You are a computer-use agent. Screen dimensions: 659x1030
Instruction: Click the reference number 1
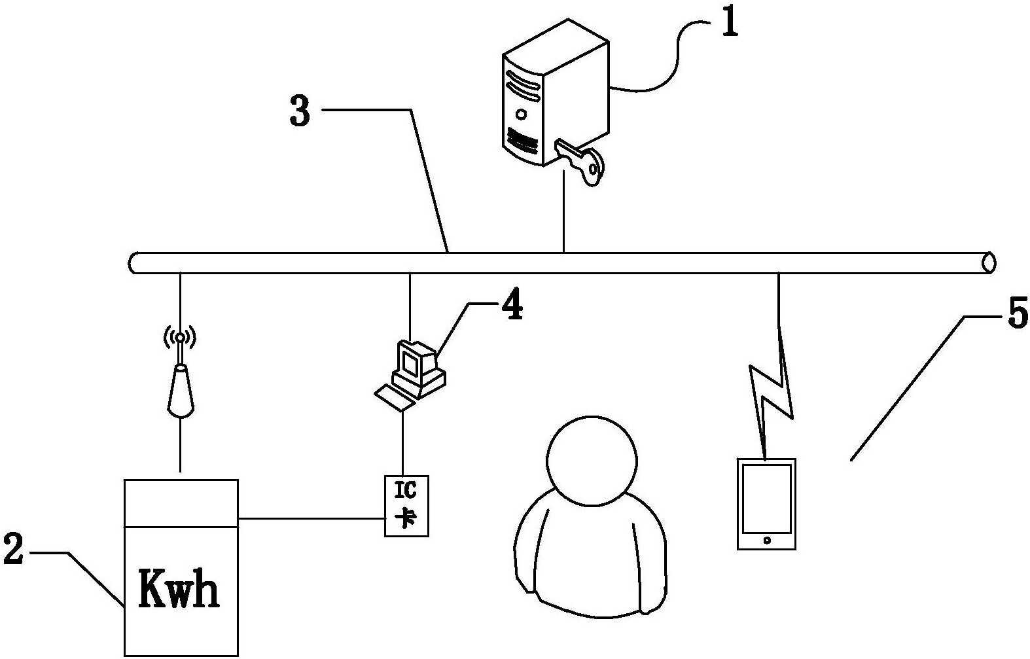tap(729, 22)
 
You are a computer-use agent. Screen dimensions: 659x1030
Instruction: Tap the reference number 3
tap(300, 112)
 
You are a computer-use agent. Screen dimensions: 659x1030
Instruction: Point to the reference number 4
tap(512, 306)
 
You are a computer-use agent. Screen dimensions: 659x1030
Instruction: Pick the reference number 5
tap(1016, 315)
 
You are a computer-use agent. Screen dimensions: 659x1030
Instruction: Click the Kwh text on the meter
tap(179, 589)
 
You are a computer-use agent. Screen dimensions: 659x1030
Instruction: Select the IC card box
tap(406, 506)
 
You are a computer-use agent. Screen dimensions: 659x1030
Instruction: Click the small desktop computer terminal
tap(417, 366)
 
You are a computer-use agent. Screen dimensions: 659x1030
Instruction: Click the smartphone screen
tap(766, 499)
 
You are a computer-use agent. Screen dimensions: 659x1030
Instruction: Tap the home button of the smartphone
tap(766, 541)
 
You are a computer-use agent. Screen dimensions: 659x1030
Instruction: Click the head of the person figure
tap(591, 461)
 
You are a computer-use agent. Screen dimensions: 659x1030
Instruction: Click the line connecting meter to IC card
tap(311, 519)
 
